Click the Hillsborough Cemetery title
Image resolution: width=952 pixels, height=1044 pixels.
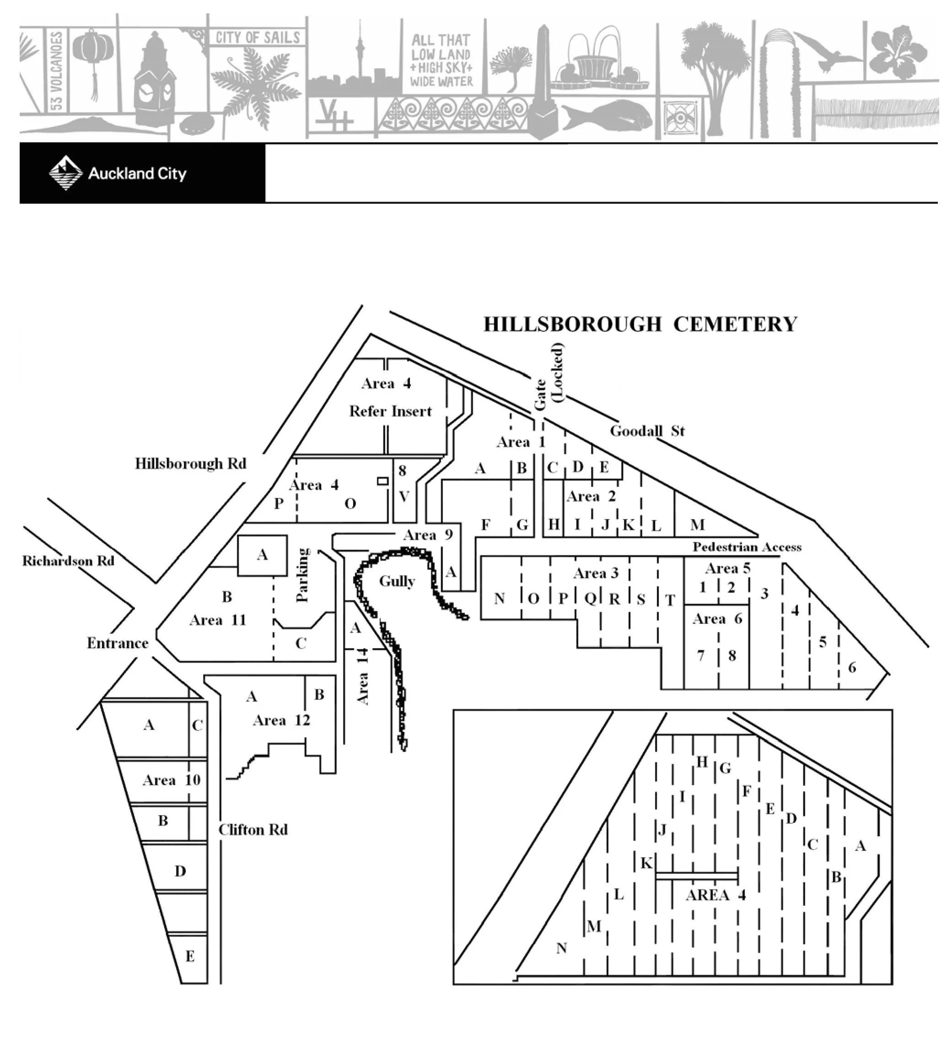tap(640, 324)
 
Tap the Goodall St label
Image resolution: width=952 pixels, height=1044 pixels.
tap(646, 431)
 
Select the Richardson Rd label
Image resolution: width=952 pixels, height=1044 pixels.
tap(68, 561)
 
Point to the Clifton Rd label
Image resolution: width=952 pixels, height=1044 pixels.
tap(253, 830)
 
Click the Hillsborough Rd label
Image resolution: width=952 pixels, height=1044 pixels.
tap(190, 463)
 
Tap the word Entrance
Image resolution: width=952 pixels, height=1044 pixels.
tap(118, 643)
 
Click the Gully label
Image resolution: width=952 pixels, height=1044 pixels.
tap(397, 581)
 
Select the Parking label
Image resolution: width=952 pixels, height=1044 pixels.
tap(302, 575)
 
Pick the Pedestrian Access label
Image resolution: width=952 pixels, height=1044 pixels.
tap(747, 547)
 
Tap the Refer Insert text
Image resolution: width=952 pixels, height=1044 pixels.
tap(390, 411)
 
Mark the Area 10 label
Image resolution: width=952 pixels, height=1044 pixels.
tap(172, 780)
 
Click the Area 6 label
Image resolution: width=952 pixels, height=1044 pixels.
tap(717, 619)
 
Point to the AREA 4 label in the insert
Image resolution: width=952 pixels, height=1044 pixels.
tap(715, 895)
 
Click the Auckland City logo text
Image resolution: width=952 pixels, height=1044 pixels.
tap(137, 173)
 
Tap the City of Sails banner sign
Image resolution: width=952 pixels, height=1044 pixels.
tap(257, 37)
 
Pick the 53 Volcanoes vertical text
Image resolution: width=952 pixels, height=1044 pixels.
tap(56, 71)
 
